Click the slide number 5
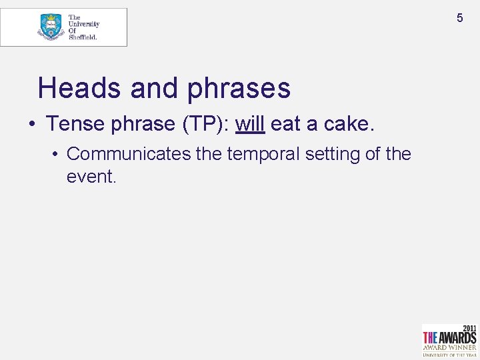point(459,18)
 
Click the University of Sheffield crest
point(51,27)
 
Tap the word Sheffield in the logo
point(83,37)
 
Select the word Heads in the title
point(79,88)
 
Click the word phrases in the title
point(239,89)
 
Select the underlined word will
point(250,124)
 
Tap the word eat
point(285,124)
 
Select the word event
point(91,176)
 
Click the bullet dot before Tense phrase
point(31,125)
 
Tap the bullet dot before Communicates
point(57,155)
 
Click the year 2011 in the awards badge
point(469,329)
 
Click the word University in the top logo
point(84,24)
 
